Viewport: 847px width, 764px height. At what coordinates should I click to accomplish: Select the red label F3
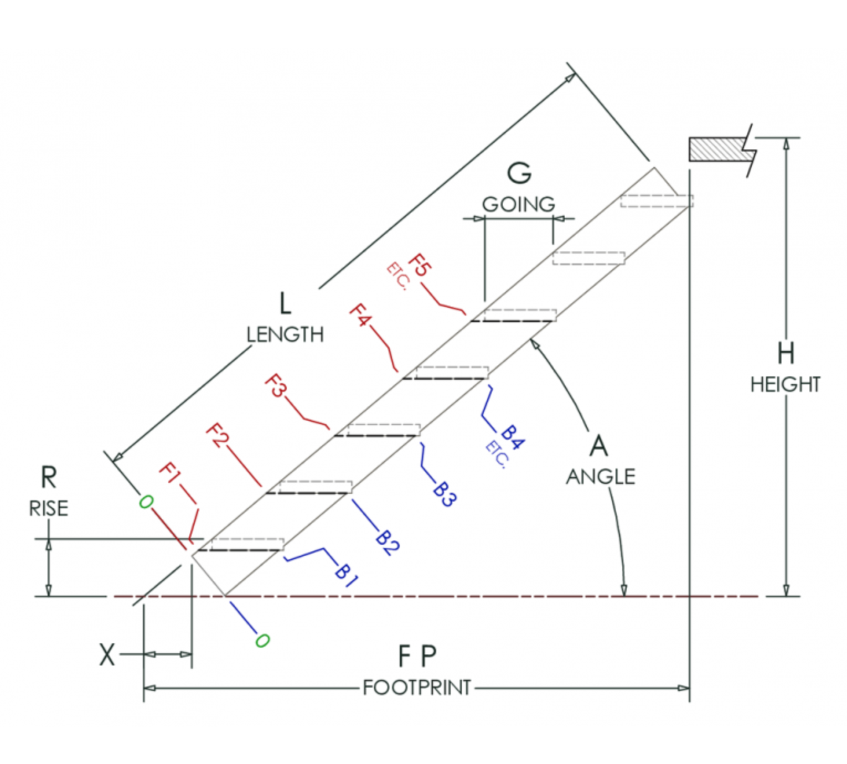pos(276,385)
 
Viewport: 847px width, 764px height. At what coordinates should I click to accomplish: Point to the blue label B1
pos(346,575)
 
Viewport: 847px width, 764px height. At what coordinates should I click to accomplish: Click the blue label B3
pos(444,494)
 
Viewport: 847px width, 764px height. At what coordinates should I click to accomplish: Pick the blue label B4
pos(512,437)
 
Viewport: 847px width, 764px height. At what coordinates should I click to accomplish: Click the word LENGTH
pos(285,334)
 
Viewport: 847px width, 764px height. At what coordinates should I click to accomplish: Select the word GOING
pos(518,204)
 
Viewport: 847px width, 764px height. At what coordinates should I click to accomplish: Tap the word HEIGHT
pos(785,384)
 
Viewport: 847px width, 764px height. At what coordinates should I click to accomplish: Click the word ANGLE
pos(601,477)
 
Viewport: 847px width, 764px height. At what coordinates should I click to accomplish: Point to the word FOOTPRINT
pos(417,688)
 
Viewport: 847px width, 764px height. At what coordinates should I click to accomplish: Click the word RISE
pos(49,508)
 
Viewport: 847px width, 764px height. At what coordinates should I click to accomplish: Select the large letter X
pos(107,655)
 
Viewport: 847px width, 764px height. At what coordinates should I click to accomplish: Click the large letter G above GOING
pos(519,173)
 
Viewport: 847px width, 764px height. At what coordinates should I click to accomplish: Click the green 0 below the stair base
pos(262,641)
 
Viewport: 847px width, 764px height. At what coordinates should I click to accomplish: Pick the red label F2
pos(217,435)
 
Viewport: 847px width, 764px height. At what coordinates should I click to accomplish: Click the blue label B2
pos(387,543)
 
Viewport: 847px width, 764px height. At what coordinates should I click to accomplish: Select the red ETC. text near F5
pos(397,277)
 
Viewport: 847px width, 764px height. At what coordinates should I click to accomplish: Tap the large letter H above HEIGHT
pos(786,353)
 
